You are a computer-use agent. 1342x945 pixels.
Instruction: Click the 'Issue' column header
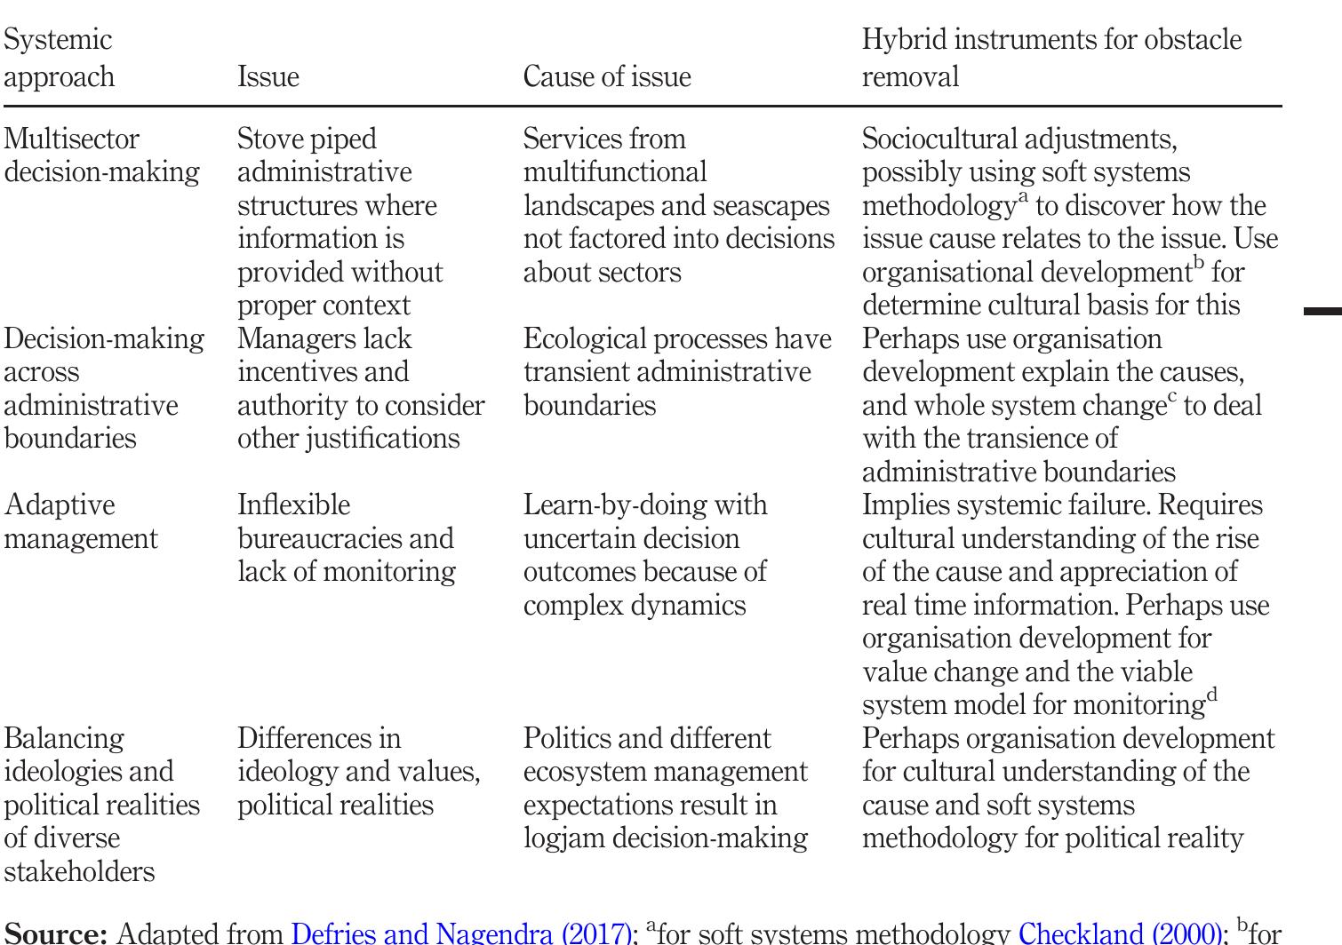(268, 77)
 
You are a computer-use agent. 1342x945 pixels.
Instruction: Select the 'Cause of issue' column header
(606, 77)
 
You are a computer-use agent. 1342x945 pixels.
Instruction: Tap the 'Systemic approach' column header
(59, 58)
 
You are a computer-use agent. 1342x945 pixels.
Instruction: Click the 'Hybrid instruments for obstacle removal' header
(1050, 58)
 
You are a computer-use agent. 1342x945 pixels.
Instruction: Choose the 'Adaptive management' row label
(80, 521)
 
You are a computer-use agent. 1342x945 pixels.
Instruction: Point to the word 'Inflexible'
(293, 505)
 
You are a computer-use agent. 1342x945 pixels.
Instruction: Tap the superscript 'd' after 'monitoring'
(1211, 695)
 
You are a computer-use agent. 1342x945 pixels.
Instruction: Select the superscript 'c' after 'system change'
(1171, 396)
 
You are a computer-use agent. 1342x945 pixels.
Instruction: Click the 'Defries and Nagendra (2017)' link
(460, 933)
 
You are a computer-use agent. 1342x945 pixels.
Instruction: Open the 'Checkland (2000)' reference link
(1119, 933)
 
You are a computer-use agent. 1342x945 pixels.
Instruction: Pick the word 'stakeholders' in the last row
(79, 872)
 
